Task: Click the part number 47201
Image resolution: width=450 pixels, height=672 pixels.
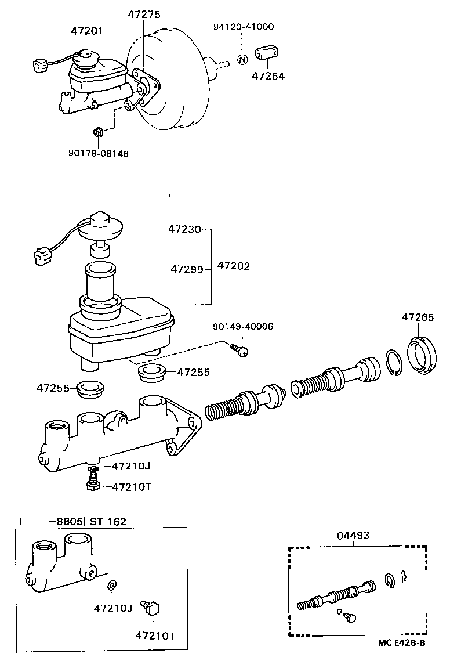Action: click(87, 30)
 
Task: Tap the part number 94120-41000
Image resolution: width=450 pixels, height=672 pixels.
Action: click(244, 26)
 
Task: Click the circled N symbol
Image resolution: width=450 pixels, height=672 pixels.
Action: click(242, 59)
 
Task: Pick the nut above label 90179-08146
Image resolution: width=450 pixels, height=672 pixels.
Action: click(99, 133)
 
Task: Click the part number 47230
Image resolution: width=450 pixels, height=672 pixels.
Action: click(184, 229)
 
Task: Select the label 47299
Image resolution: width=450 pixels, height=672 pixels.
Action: click(187, 269)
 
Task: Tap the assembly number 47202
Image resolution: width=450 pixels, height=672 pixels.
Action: click(234, 266)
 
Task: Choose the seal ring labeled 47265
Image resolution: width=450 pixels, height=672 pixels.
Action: click(422, 355)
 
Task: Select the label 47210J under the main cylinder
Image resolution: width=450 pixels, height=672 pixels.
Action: click(131, 465)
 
